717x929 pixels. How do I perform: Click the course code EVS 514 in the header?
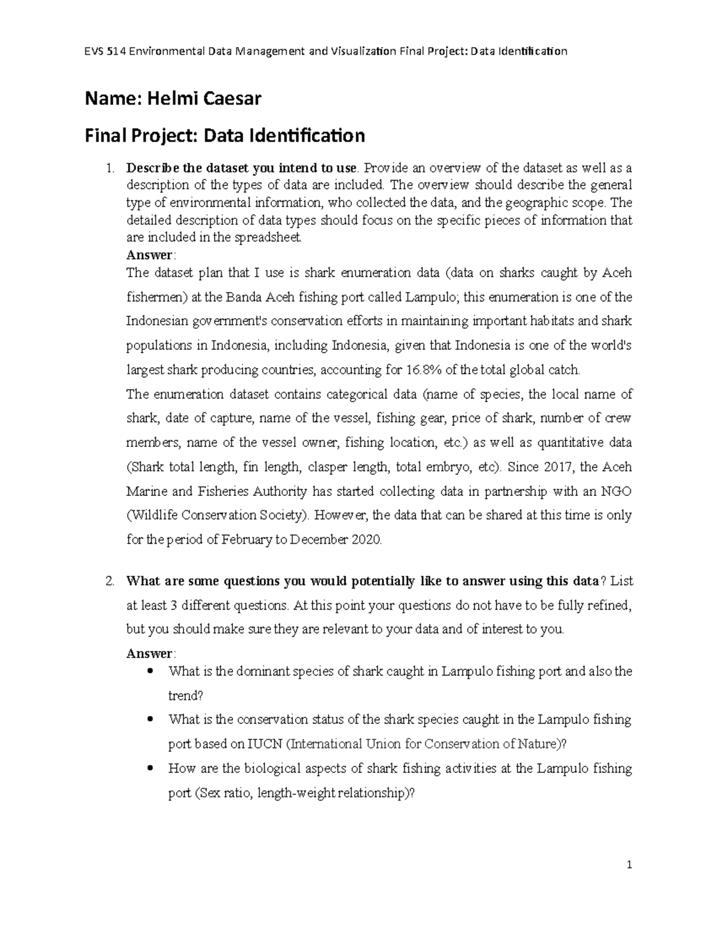[106, 51]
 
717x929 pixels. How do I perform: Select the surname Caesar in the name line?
[233, 98]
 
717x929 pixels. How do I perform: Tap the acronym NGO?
[616, 491]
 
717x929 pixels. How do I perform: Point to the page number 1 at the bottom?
[629, 865]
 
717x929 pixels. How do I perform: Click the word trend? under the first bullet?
[186, 696]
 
